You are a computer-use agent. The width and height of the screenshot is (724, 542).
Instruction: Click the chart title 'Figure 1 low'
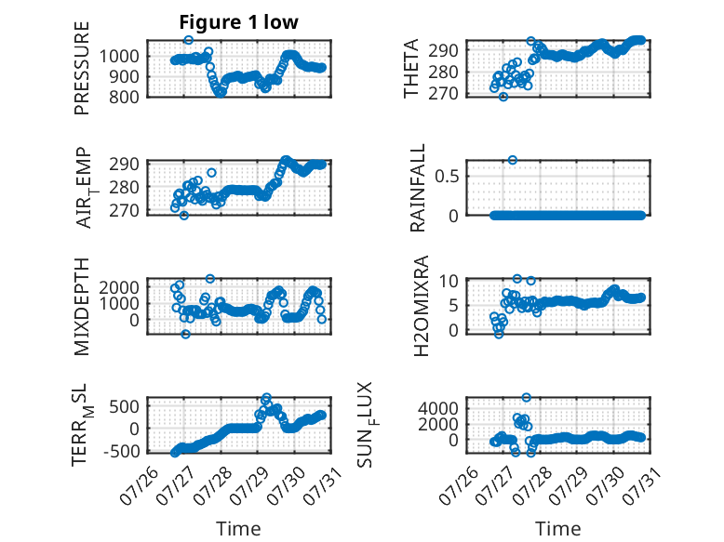tap(239, 22)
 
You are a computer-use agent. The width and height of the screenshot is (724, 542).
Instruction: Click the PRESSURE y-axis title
tap(81, 68)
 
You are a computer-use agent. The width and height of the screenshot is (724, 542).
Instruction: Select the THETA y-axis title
tap(410, 68)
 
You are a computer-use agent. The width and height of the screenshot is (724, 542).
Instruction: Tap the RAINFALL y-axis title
tap(417, 188)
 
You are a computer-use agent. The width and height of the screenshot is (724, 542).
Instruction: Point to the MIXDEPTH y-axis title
tap(81, 307)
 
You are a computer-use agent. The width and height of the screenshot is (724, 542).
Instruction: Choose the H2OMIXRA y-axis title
tap(422, 306)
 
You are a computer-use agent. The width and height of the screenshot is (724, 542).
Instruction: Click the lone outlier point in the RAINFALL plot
tap(513, 160)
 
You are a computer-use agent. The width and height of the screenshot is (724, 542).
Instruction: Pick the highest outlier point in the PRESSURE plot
tap(188, 40)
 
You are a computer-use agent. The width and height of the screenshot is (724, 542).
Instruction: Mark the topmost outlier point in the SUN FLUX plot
tap(527, 397)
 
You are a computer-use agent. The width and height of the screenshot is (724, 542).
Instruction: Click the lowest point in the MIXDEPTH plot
tap(185, 334)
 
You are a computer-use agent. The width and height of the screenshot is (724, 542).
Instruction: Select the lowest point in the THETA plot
tap(503, 97)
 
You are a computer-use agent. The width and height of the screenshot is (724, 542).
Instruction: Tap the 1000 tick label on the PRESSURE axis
tap(119, 57)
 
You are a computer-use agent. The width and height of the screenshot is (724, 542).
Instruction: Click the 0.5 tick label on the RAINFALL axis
tap(447, 176)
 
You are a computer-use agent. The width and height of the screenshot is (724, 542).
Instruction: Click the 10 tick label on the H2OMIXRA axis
tap(449, 281)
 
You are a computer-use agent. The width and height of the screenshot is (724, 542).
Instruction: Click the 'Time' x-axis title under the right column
tap(557, 529)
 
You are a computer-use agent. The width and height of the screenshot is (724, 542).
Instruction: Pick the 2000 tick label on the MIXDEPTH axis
tap(119, 287)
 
